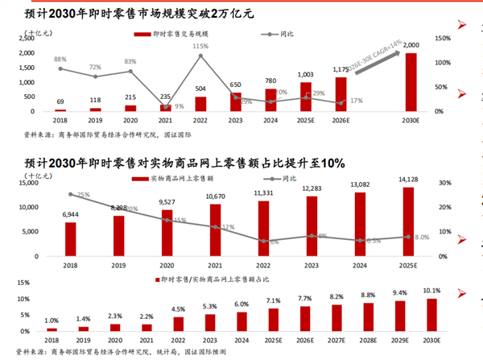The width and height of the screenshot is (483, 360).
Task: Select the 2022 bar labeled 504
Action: (200, 104)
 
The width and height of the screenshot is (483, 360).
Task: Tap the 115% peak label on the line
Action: (200, 47)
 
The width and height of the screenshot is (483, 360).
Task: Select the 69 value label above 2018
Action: (60, 101)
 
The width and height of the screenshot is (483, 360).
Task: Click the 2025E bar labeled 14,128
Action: (410, 221)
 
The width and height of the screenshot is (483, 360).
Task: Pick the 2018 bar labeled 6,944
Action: (71, 238)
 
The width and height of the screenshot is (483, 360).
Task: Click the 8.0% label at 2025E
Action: (420, 238)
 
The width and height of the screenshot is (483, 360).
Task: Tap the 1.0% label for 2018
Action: (52, 321)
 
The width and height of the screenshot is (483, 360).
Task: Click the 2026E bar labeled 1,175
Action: (341, 94)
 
